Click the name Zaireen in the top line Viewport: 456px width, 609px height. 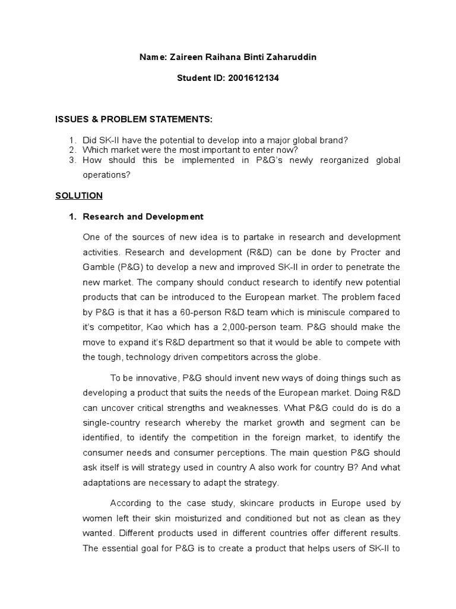[x=186, y=58]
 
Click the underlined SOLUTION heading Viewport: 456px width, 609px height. [x=79, y=195]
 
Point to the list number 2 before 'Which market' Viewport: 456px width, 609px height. [x=72, y=150]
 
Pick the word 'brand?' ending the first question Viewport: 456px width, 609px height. [x=334, y=140]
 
